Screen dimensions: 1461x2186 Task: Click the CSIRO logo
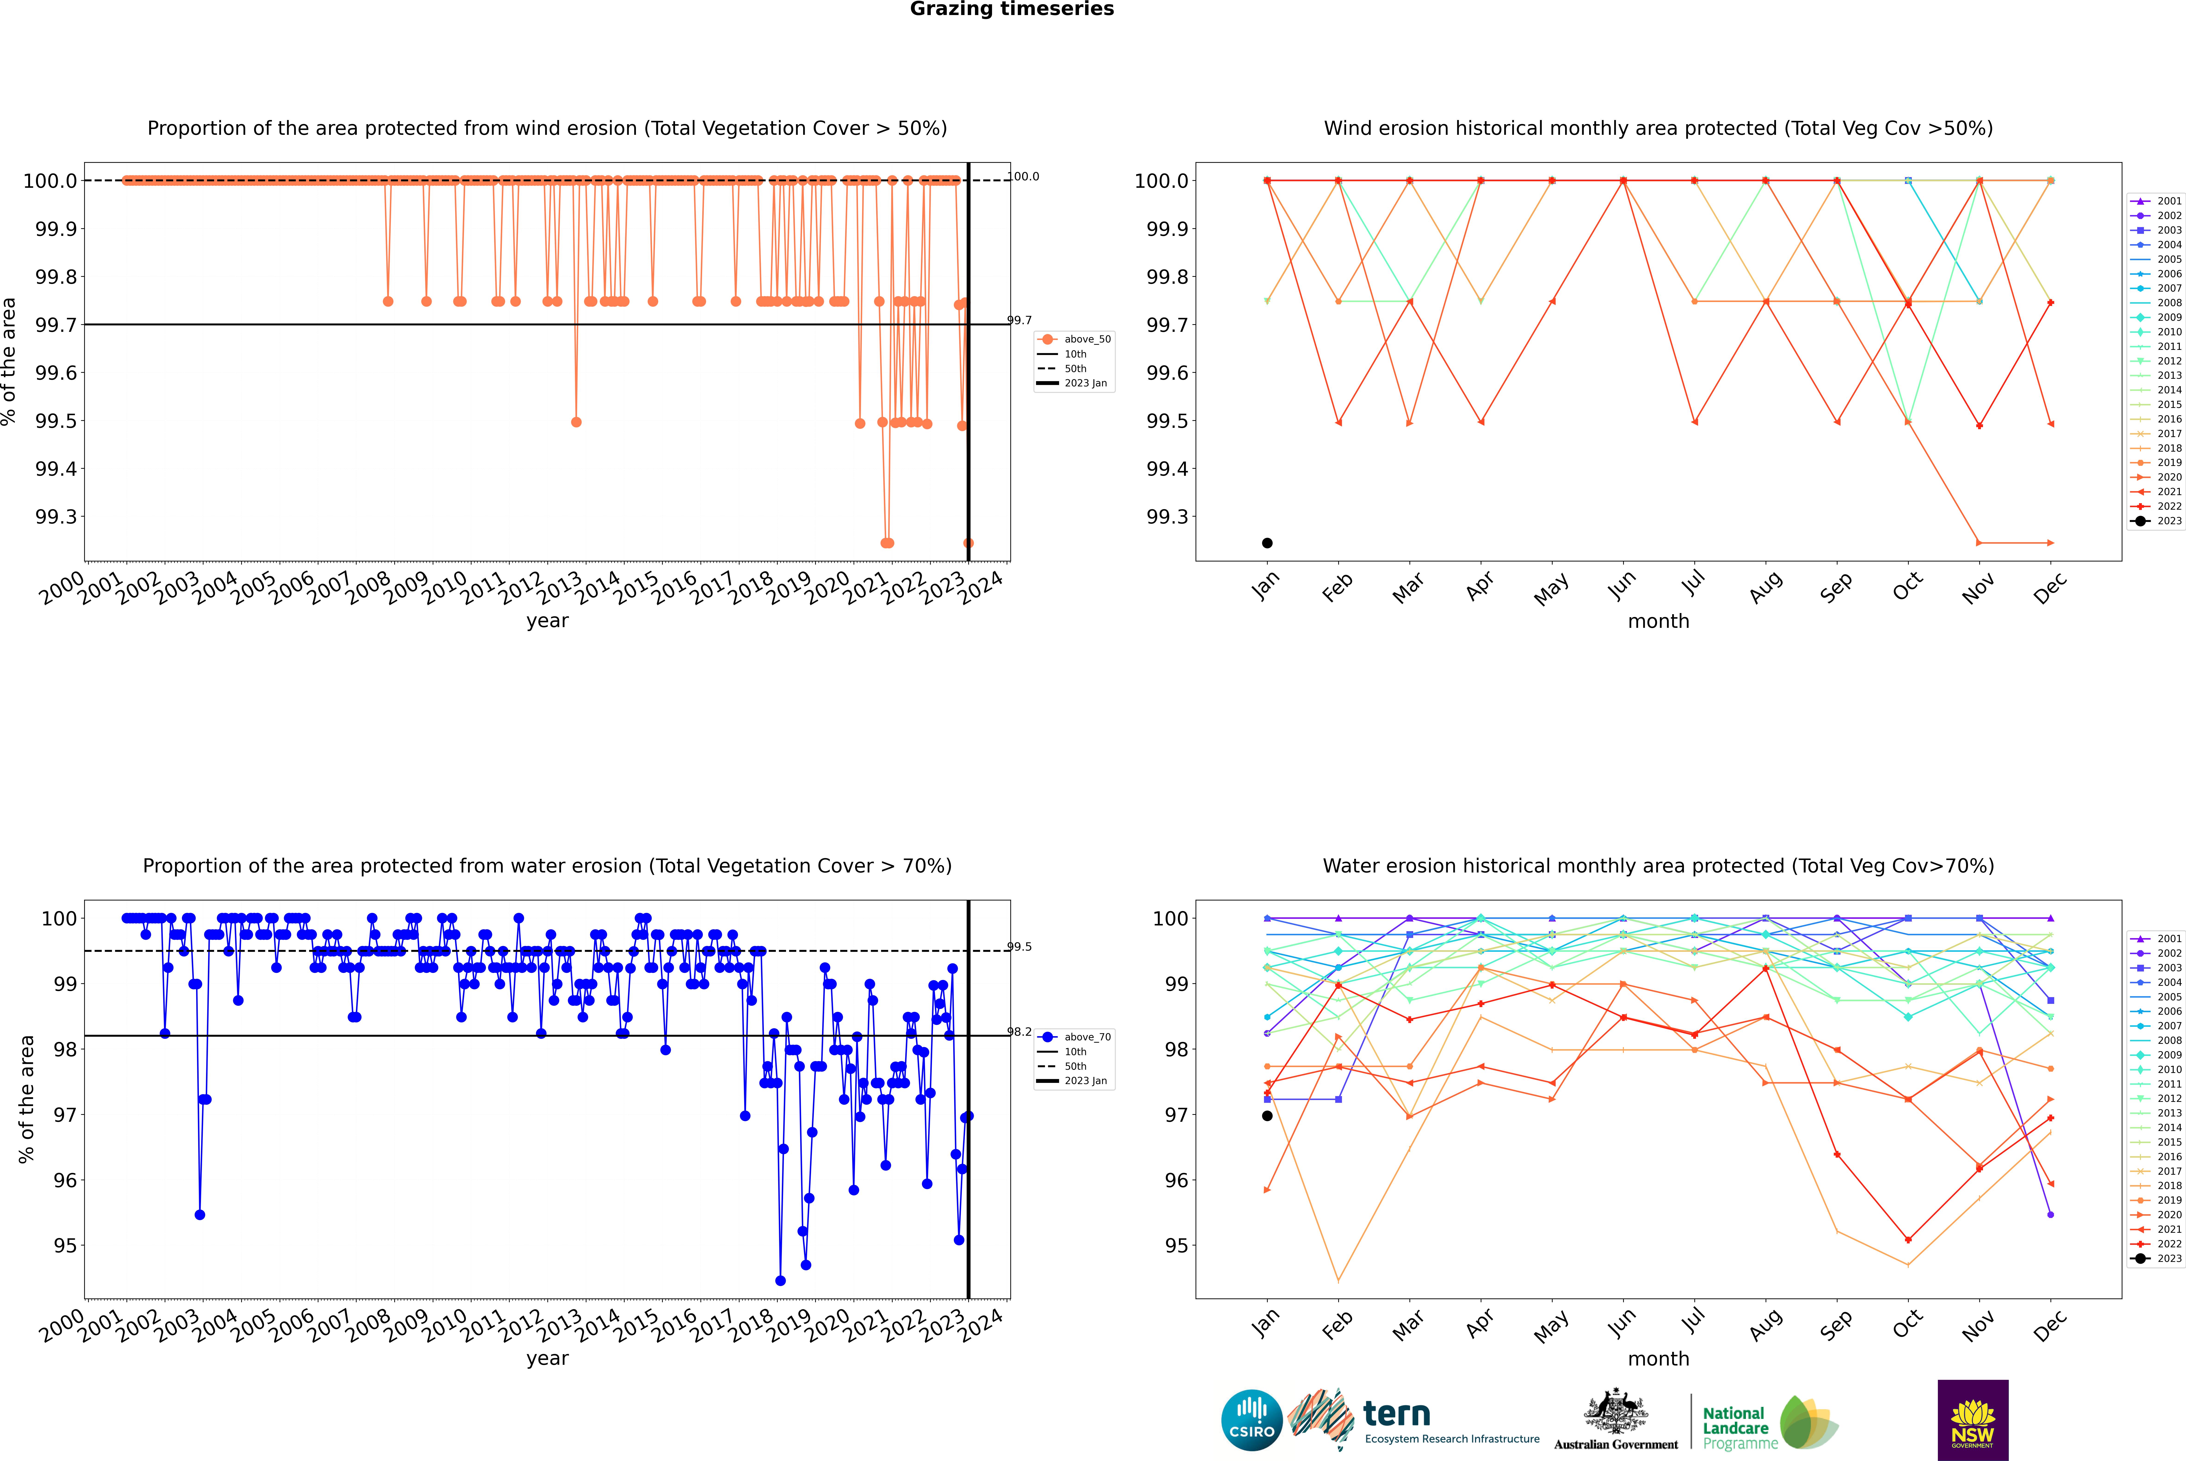pos(1252,1420)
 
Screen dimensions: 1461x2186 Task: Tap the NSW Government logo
pos(1973,1420)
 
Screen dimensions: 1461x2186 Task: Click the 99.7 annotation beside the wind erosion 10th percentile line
pos(1019,321)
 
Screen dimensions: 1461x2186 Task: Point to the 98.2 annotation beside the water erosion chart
pos(1019,1033)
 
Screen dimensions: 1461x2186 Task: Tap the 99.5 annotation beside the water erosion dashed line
pos(1019,947)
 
